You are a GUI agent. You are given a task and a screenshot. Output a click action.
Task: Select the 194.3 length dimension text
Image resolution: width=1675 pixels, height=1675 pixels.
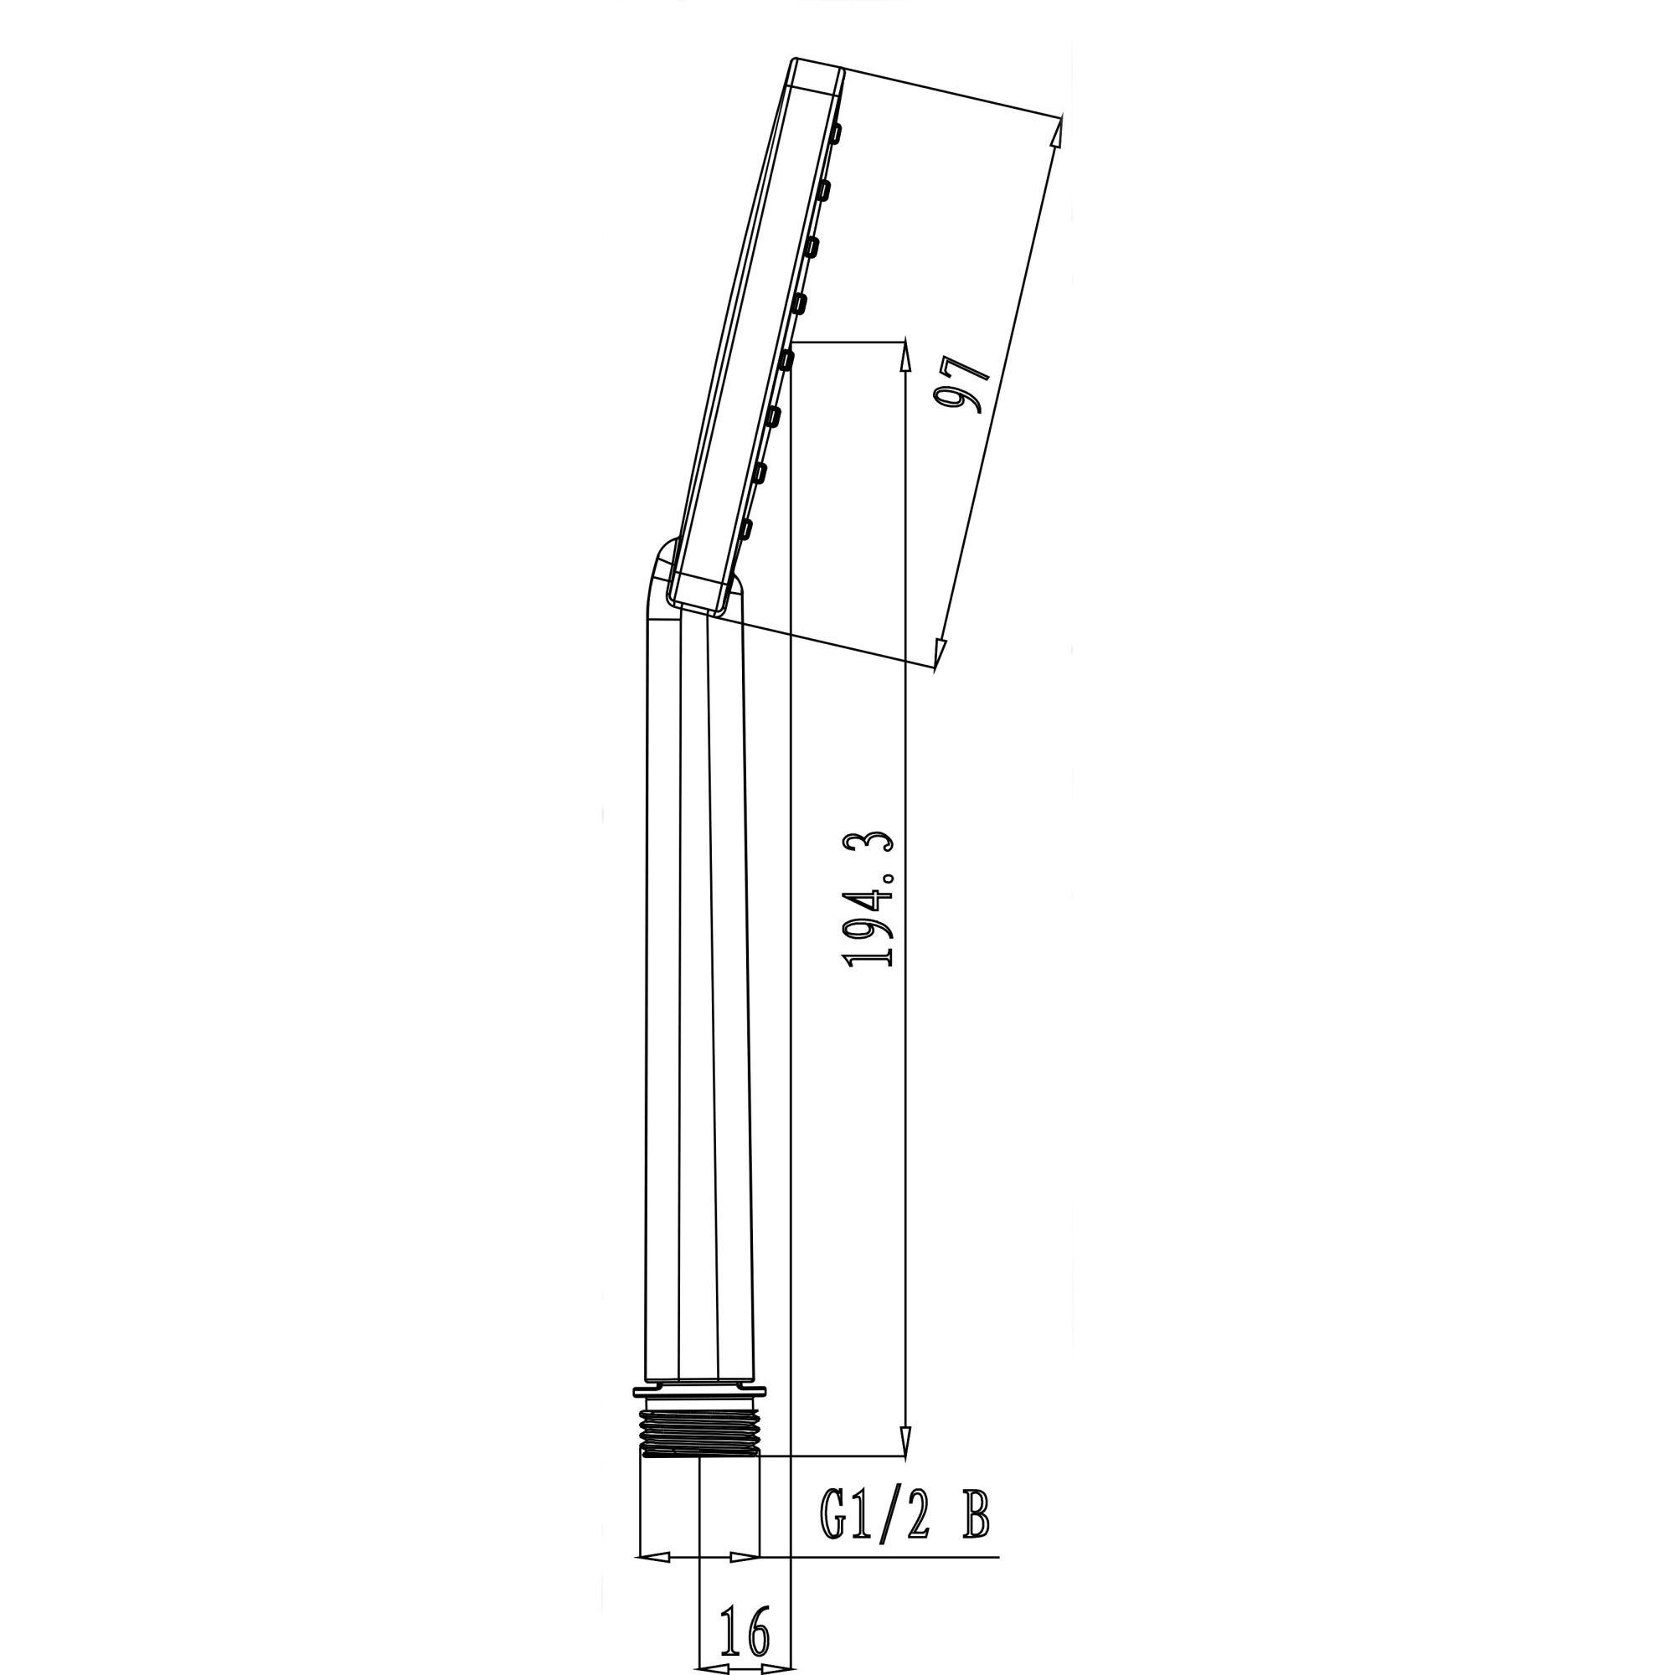(x=868, y=900)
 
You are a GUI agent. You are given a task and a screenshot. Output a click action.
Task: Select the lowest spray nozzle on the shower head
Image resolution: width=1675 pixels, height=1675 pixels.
(x=745, y=528)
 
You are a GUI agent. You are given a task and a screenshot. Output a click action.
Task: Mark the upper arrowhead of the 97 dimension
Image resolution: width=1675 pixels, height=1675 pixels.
(x=1057, y=131)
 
